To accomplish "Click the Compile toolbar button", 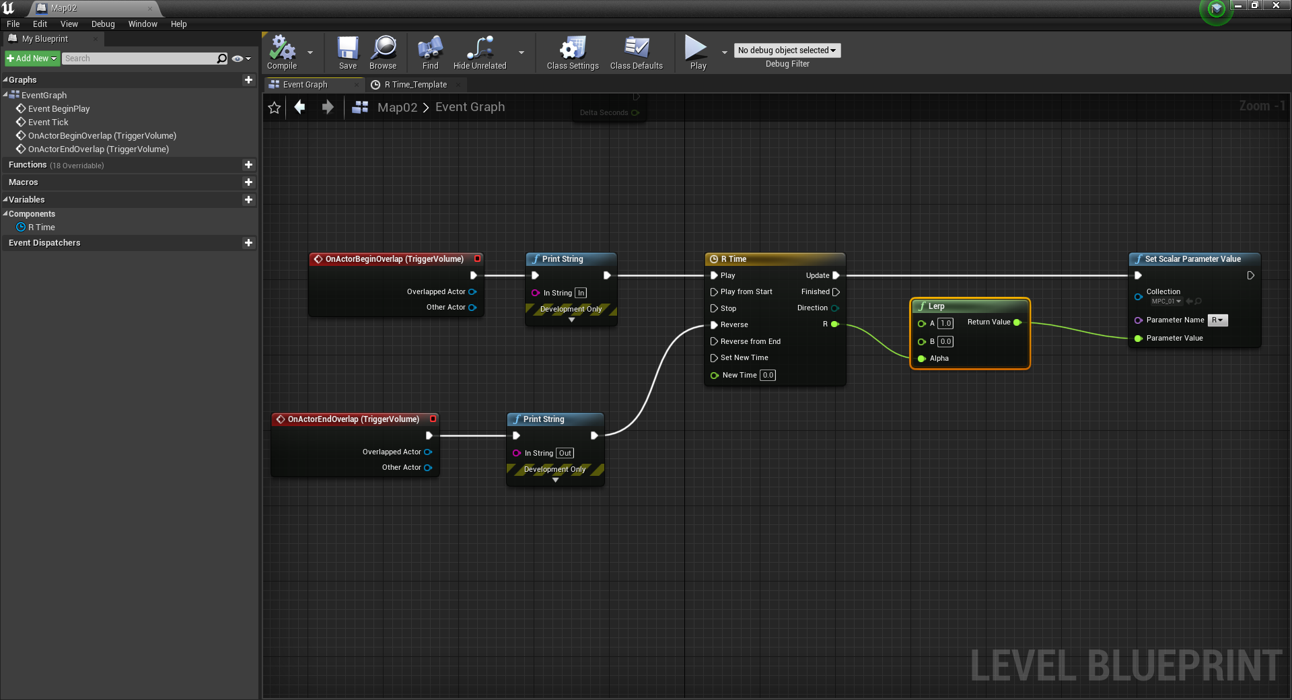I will click(282, 53).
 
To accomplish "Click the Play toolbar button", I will click(697, 53).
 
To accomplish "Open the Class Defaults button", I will click(636, 53).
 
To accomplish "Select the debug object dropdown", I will click(787, 50).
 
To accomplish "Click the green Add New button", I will click(32, 59).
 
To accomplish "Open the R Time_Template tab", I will click(415, 85).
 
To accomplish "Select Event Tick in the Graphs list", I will click(48, 123).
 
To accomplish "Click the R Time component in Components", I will click(42, 228).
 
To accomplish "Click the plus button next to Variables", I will click(248, 200).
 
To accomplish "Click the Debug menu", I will click(103, 24).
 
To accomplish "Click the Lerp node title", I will click(937, 306).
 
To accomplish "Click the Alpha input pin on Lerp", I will click(922, 359).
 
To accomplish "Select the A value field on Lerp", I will click(945, 324).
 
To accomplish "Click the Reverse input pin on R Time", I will click(714, 325).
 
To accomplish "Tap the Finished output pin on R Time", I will click(836, 292).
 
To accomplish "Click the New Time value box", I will click(768, 376).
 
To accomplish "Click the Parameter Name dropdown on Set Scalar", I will click(1217, 320).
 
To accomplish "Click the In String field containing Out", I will click(565, 454).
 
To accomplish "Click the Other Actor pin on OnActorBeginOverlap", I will click(472, 308).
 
